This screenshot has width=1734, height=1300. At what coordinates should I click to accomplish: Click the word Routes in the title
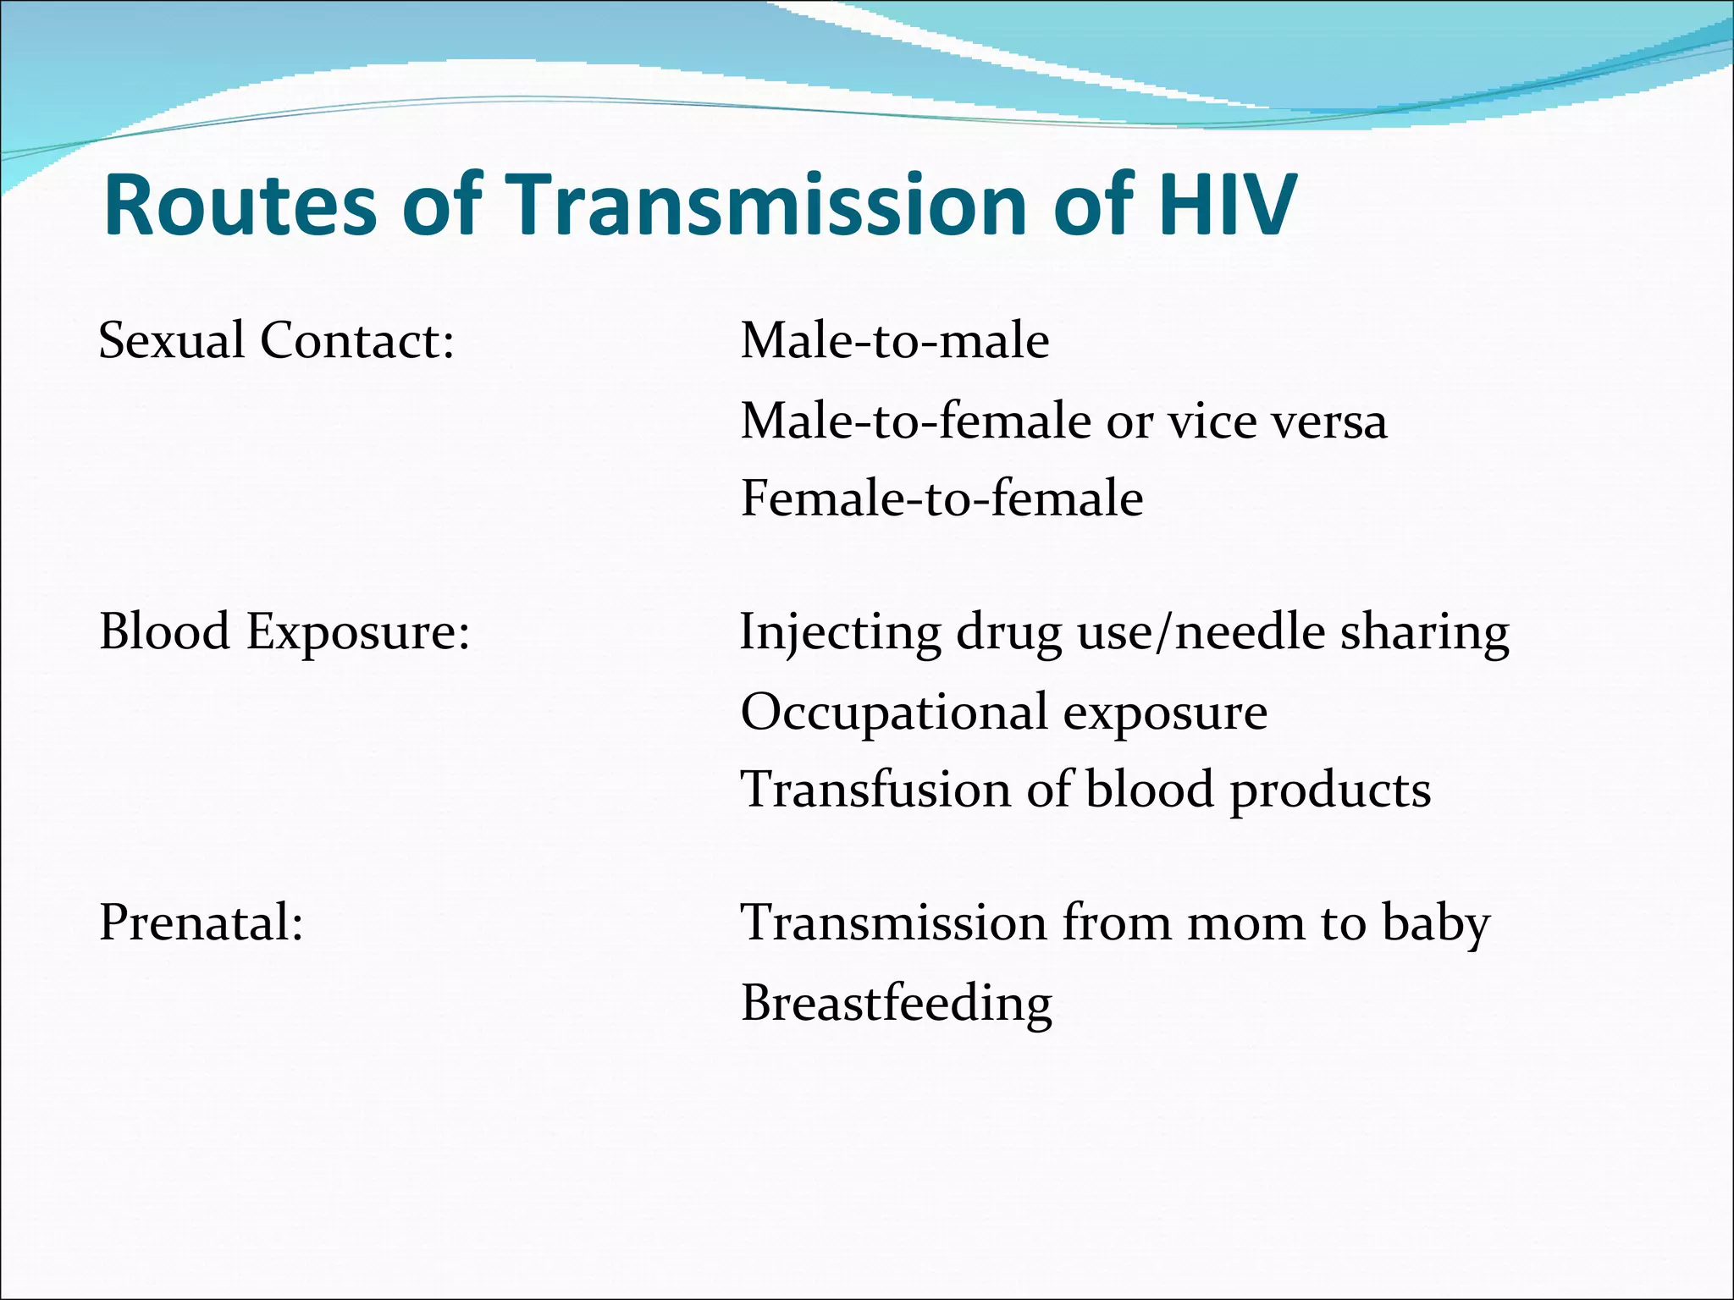[240, 206]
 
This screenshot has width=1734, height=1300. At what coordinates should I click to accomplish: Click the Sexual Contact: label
[277, 340]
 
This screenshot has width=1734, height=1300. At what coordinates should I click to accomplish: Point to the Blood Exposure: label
[284, 632]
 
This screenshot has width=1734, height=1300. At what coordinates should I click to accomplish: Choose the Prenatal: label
[202, 922]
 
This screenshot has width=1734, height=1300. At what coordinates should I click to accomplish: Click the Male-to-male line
[895, 340]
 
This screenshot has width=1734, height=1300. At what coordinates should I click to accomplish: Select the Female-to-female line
[942, 498]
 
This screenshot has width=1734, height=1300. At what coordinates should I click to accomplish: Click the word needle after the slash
[1250, 632]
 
